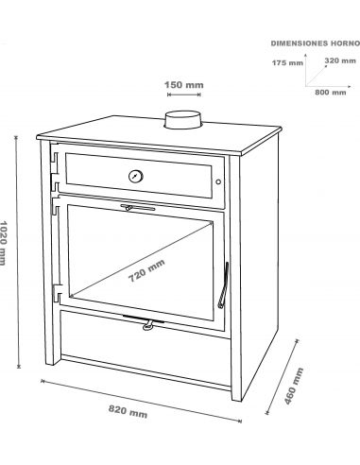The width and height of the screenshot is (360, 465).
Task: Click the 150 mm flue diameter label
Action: (x=184, y=85)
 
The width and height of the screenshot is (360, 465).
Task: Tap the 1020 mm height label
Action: (x=3, y=243)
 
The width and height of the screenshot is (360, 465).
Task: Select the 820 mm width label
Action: (x=128, y=411)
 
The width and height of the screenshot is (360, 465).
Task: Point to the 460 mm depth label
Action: (x=294, y=386)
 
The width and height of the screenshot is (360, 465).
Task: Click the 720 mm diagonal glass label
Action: (x=146, y=270)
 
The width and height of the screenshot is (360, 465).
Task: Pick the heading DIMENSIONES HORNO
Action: (x=315, y=43)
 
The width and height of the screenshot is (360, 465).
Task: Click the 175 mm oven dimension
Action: (x=287, y=63)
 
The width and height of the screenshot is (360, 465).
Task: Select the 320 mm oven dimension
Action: (x=340, y=60)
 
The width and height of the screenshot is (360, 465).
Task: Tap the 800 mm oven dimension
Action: (x=331, y=93)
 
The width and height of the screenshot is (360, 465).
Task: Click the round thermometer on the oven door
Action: (x=136, y=176)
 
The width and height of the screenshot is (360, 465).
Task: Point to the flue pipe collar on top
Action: (x=182, y=120)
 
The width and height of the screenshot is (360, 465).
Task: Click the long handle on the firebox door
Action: (x=223, y=284)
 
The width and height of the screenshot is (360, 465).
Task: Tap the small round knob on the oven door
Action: (x=218, y=181)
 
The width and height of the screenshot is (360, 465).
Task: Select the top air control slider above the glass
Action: (x=138, y=208)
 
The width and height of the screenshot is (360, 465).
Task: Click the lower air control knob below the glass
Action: (x=148, y=325)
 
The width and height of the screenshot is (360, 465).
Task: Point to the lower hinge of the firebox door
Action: (x=57, y=292)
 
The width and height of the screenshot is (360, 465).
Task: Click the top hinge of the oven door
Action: (x=54, y=163)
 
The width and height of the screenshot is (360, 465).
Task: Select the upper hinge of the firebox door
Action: (x=57, y=205)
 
